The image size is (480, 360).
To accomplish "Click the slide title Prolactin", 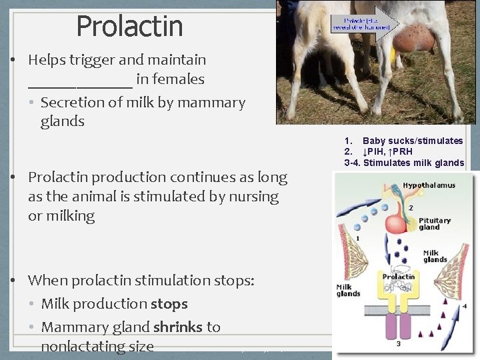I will click(x=129, y=26).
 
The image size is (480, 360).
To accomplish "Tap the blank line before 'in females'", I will click(x=80, y=81).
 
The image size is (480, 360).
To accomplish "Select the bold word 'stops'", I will click(x=169, y=304).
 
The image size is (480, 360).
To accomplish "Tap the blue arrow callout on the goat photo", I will click(x=365, y=24).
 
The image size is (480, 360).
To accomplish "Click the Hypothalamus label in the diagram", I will click(x=429, y=185).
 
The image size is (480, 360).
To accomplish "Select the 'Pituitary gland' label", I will click(x=434, y=223).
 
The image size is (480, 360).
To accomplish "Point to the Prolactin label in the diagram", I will click(x=399, y=277).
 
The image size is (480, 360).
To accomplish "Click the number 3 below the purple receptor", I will click(x=399, y=344).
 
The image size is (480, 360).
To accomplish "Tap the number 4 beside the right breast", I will click(x=465, y=305).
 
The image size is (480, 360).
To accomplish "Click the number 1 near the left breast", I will click(x=358, y=238).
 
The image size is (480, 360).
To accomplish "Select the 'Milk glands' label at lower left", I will click(x=348, y=290).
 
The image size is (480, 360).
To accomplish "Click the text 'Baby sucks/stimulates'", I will click(x=412, y=141).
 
